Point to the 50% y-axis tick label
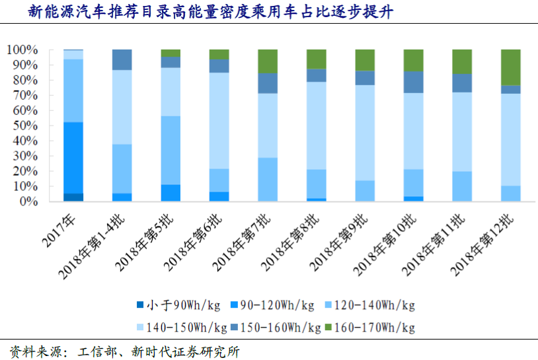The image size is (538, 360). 23,126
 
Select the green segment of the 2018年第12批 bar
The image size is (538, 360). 510,67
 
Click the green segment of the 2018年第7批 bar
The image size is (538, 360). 268,61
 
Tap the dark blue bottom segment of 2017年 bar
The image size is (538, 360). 73,197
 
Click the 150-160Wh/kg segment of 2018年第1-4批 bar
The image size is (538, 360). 122,59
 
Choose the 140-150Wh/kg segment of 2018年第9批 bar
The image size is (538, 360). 365,132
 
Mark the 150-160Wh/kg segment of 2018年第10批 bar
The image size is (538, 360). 413,81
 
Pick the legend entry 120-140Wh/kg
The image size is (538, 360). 373,305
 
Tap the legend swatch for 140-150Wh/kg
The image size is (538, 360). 140,328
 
